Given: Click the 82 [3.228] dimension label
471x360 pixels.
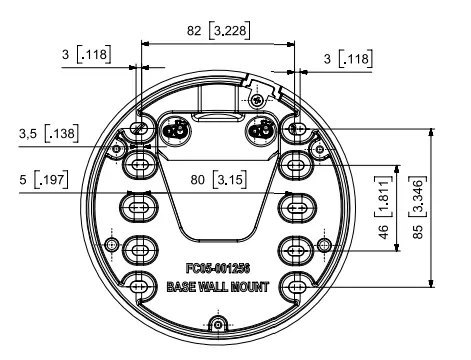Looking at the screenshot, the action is pos(218,30).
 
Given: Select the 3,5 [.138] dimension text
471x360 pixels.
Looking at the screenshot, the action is pos(49,133).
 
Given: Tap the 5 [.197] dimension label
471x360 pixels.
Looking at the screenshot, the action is pos(44,179).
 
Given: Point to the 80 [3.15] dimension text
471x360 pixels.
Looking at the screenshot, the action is pos(219,179).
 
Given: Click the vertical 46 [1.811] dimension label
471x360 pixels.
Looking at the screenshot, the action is pos(384,208).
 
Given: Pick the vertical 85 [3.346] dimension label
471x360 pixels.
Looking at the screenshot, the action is pos(418,207).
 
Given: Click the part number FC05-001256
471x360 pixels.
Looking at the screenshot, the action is pos(218,268).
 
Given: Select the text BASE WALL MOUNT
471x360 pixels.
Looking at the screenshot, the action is pos(218,287).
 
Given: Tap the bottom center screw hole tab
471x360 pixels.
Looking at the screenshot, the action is pos(218,324).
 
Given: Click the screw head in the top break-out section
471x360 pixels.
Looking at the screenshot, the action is pos(257,99).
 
